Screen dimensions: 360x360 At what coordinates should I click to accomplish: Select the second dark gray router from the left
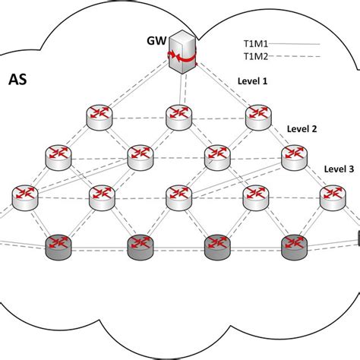(138, 243)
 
